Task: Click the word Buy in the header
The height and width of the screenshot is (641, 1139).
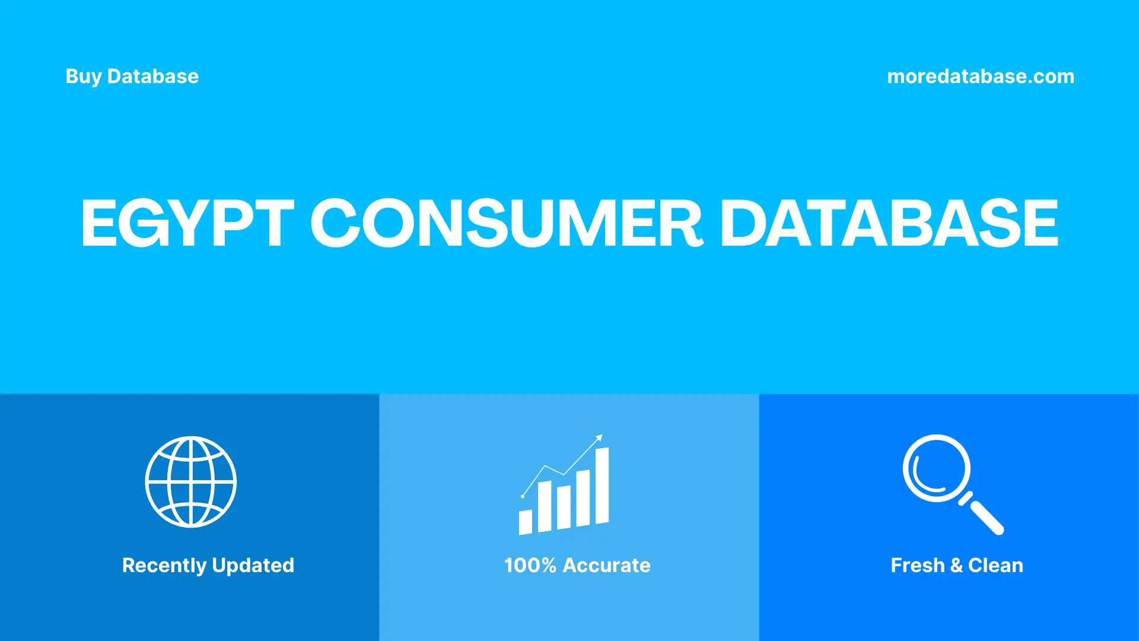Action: click(x=83, y=77)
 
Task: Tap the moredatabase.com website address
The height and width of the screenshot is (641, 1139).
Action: click(x=980, y=77)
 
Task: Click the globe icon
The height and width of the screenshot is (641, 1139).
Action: click(x=191, y=481)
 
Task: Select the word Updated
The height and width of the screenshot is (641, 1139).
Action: click(x=253, y=566)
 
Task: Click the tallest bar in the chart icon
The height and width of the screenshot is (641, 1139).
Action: click(x=602, y=486)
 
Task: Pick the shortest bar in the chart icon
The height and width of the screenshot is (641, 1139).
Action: click(x=526, y=522)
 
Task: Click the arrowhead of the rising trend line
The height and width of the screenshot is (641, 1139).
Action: click(x=599, y=438)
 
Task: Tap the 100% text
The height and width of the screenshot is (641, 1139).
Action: click(x=530, y=566)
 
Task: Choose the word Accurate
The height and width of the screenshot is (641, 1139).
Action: click(x=606, y=566)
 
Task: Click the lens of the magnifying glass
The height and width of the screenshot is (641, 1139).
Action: click(x=937, y=468)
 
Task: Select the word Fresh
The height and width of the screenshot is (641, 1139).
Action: click(x=917, y=566)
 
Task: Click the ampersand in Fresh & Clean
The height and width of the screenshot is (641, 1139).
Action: click(x=956, y=566)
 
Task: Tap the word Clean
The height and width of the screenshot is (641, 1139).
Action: click(x=995, y=566)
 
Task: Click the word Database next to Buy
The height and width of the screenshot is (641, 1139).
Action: click(x=153, y=77)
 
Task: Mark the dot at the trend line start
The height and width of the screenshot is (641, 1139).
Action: click(x=523, y=496)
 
